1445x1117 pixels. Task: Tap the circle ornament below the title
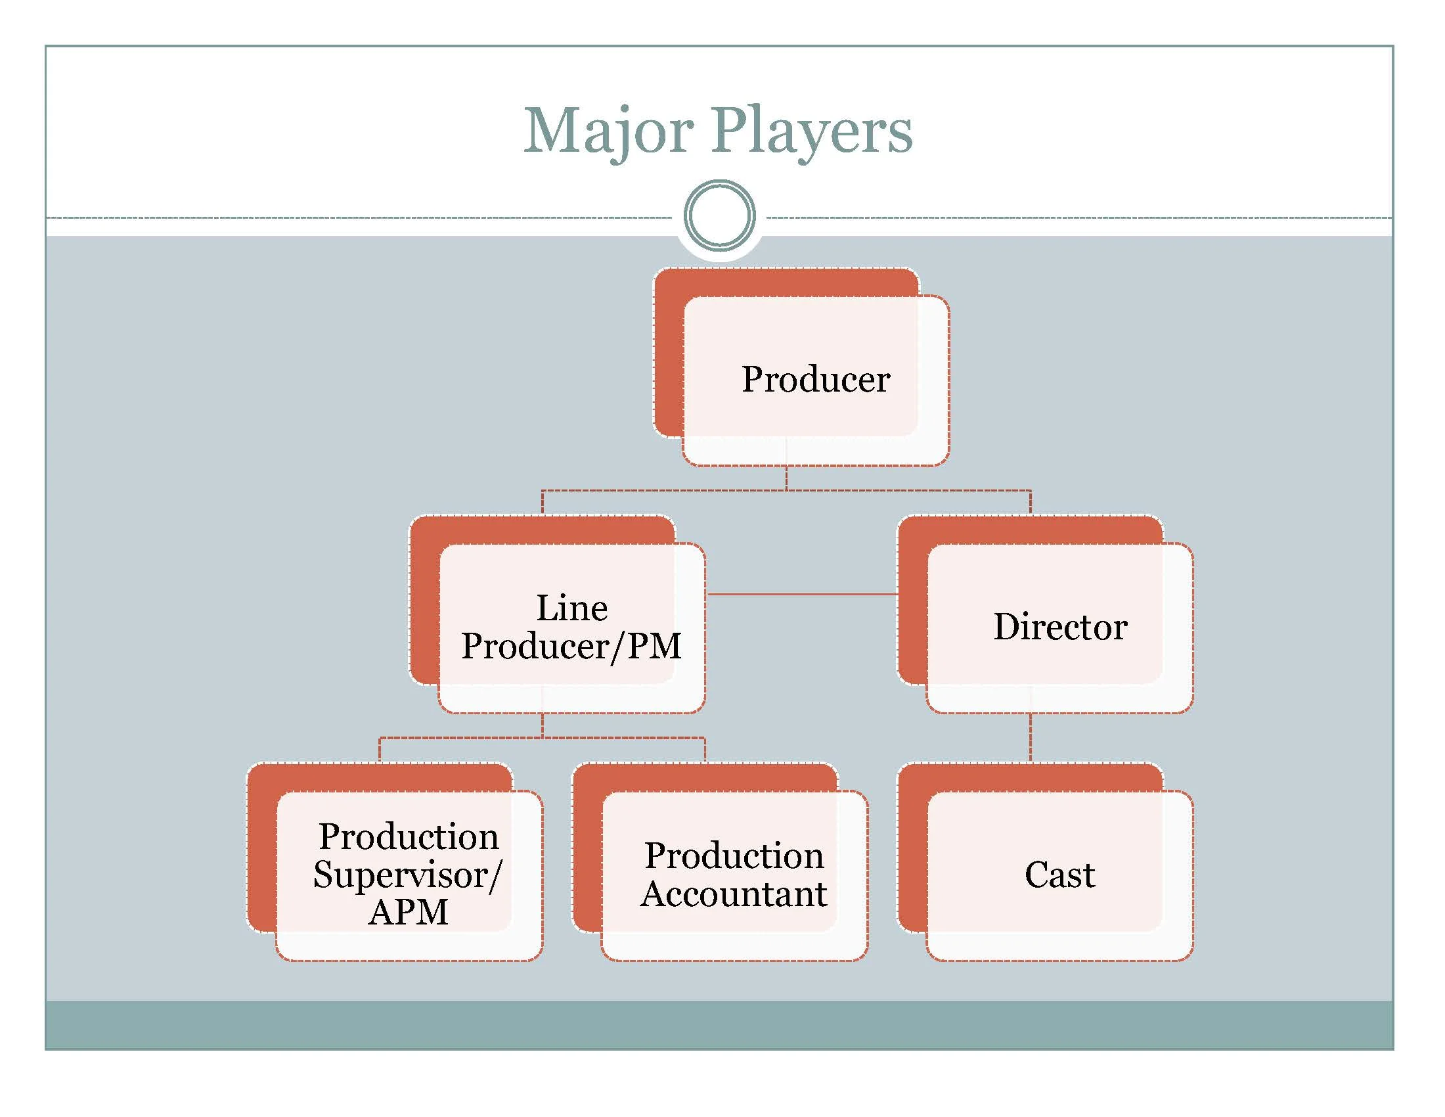coord(719,216)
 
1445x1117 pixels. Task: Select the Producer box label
coord(815,379)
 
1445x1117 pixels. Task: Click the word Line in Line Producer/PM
coord(571,608)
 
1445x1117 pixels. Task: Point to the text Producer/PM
coord(571,646)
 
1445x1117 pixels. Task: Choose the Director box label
coord(1060,626)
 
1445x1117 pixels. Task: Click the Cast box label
coord(1059,874)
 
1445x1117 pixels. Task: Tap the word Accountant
coord(734,894)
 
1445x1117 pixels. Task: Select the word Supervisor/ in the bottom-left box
coord(408,875)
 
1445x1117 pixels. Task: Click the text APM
coord(409,912)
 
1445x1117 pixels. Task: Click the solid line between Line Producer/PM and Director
coord(802,594)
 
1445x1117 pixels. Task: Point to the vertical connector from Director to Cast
coord(1030,738)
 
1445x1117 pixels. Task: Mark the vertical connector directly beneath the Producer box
coord(786,478)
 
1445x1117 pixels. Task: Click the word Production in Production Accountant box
coord(734,855)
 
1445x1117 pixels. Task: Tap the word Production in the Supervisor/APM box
coord(409,836)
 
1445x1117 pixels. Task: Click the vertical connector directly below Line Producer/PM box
coord(543,725)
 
